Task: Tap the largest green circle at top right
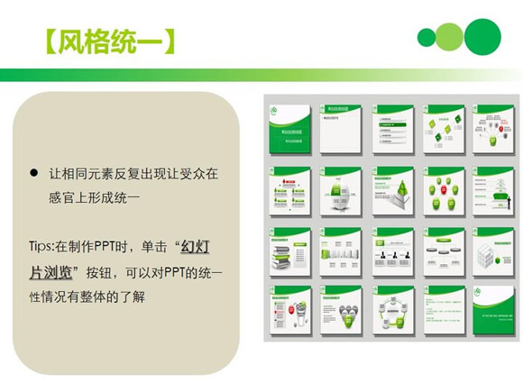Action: coord(482,36)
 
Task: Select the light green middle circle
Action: coord(450,38)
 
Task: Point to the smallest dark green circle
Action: coord(426,38)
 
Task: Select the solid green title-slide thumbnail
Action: coord(289,129)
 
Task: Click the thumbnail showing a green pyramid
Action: coord(392,191)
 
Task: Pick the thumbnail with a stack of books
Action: coord(289,251)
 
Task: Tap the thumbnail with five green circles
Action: coord(444,191)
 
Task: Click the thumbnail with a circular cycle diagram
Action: coord(392,311)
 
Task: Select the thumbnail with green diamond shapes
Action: coord(444,129)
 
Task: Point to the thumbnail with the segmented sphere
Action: coord(341,191)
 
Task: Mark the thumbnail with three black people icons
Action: coord(392,251)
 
